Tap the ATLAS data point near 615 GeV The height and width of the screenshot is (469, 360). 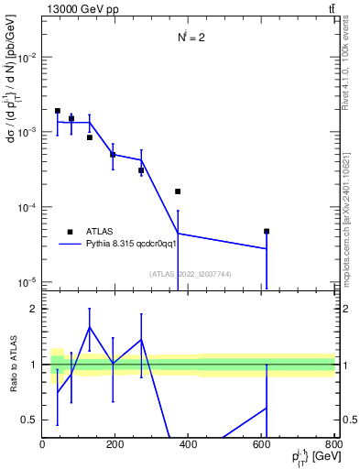point(267,232)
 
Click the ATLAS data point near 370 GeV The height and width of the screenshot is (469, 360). point(178,191)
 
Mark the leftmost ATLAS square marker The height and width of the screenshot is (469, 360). point(58,111)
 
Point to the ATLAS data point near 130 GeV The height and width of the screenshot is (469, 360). point(90,137)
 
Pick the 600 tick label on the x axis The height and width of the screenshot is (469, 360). point(262,444)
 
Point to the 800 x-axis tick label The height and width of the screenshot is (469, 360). point(333,444)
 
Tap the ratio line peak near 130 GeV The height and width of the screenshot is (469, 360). point(90,327)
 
